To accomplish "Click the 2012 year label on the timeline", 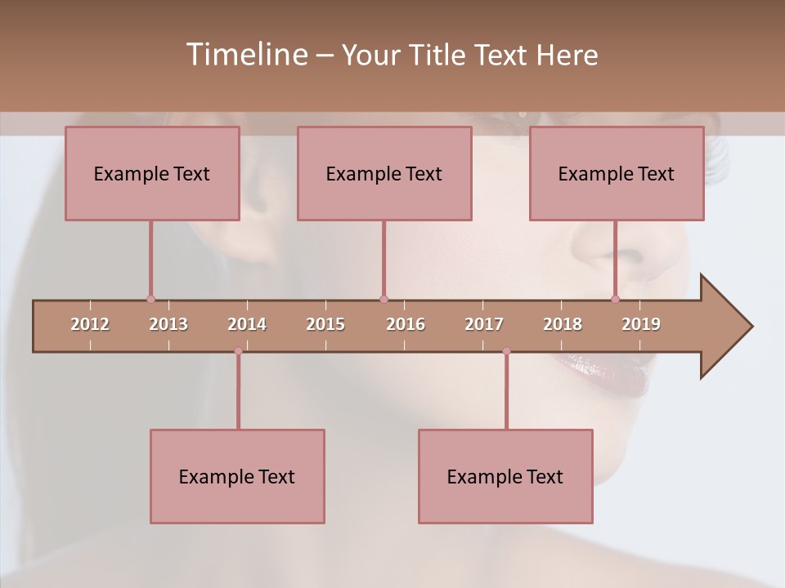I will [x=90, y=324].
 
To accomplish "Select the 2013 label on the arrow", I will [x=168, y=324].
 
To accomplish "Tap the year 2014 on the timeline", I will [x=247, y=324].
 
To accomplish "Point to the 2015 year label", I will [x=325, y=324].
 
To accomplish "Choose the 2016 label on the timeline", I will [x=406, y=324].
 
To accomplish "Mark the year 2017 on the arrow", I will [x=484, y=324].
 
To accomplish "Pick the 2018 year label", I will [x=563, y=324].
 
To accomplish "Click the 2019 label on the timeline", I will [x=641, y=324].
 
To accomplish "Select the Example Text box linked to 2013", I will [x=152, y=173].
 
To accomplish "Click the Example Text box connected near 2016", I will [x=384, y=173].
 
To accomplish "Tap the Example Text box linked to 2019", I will [x=617, y=173].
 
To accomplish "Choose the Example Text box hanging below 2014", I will [x=237, y=476].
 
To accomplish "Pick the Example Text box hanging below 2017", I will [x=505, y=476].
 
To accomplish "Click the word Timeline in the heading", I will [x=245, y=55].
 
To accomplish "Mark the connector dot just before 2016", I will [x=384, y=299].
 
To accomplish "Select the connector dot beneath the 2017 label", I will [x=506, y=351].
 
